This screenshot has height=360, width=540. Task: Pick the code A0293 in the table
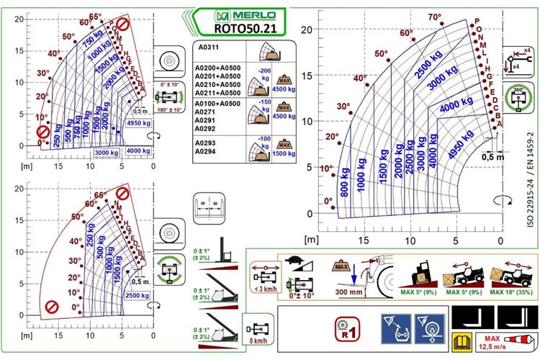(x=207, y=143)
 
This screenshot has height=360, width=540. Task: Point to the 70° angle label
(x=434, y=18)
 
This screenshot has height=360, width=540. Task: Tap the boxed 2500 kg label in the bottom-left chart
(x=136, y=295)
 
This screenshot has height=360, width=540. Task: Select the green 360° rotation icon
(x=515, y=98)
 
